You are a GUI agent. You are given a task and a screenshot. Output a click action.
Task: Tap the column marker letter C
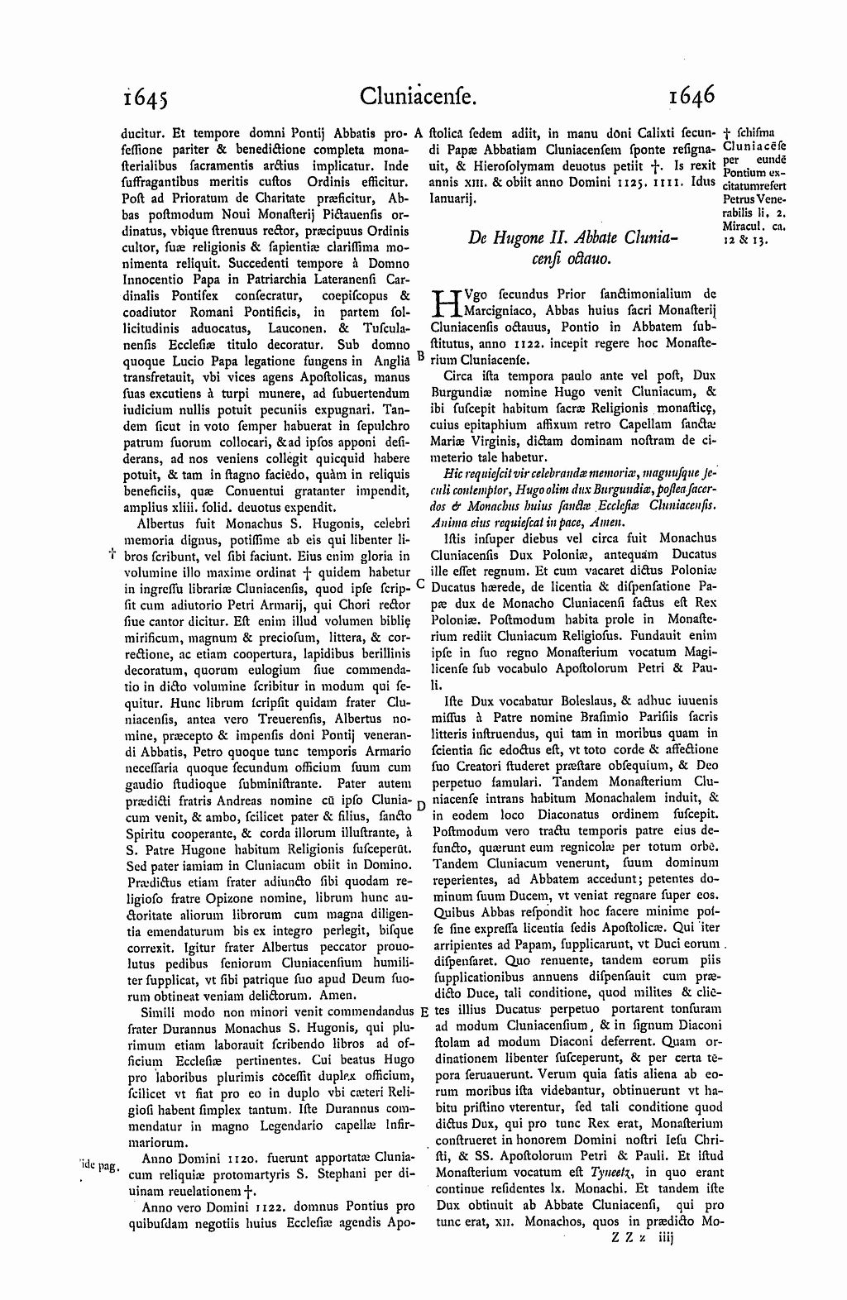point(420,582)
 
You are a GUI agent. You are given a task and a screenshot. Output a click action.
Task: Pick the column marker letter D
point(420,805)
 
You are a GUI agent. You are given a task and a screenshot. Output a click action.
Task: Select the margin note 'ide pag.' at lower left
point(100,1167)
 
